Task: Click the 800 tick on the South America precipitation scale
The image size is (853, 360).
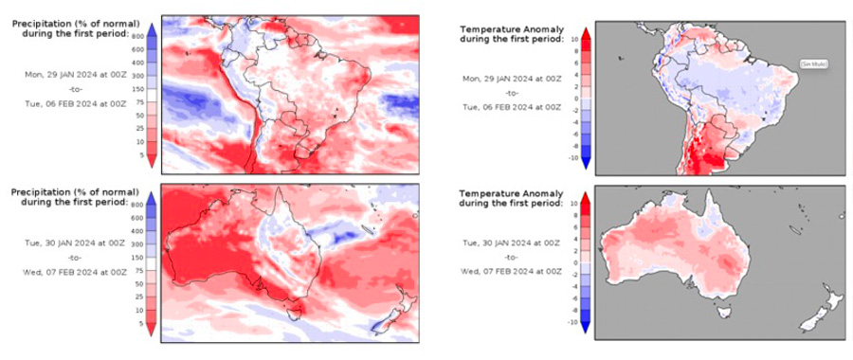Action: [137, 34]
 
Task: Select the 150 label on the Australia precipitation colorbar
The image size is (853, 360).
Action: [137, 256]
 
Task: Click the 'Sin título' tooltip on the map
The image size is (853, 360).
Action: [812, 63]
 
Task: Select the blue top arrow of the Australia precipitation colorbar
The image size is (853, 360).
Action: [153, 189]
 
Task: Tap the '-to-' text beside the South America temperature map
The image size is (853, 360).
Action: [512, 93]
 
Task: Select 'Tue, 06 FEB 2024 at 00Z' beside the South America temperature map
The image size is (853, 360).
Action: [512, 107]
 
